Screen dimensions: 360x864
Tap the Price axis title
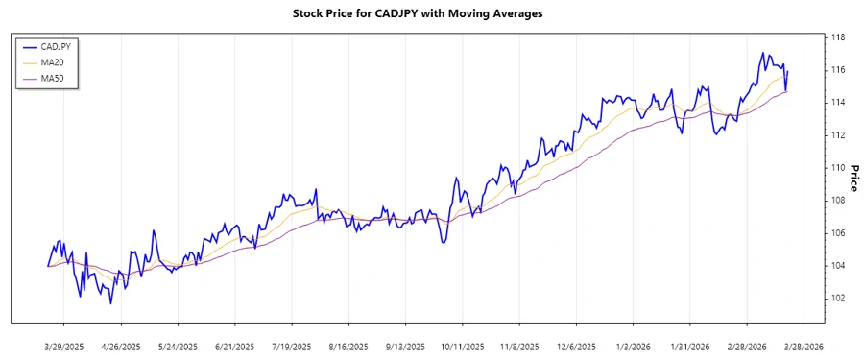click(x=852, y=178)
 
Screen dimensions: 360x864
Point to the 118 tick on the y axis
click(x=837, y=37)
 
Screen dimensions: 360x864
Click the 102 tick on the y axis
click(x=837, y=298)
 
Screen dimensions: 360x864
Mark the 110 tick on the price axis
click(x=837, y=168)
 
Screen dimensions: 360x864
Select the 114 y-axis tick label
click(x=837, y=103)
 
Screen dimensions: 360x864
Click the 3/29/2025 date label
click(x=64, y=346)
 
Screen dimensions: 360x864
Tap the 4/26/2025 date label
click(x=121, y=346)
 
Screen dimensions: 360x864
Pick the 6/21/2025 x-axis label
click(x=234, y=346)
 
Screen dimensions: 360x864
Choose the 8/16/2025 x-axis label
click(x=348, y=346)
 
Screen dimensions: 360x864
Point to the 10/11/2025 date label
click(x=460, y=346)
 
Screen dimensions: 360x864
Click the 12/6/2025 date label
click(x=573, y=346)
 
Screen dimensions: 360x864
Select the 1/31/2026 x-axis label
click(x=687, y=346)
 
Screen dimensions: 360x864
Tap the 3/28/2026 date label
click(x=801, y=346)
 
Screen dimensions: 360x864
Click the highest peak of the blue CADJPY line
click(x=762, y=53)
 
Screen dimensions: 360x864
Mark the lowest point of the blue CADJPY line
click(x=110, y=303)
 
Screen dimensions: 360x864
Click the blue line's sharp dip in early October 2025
click(x=443, y=242)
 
